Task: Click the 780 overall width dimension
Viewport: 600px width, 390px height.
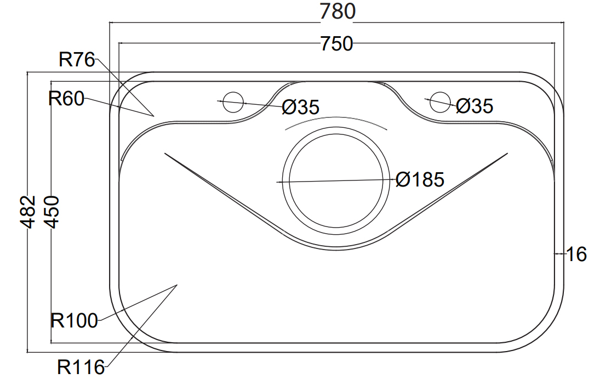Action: (338, 12)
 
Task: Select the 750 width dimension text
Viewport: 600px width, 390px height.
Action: (337, 44)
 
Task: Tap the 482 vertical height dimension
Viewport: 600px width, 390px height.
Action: (28, 212)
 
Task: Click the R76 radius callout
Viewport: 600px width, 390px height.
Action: (77, 60)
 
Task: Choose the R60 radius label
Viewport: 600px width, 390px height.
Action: (66, 99)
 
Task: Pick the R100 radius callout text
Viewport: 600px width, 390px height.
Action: (74, 320)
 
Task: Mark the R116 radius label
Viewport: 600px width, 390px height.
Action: (81, 368)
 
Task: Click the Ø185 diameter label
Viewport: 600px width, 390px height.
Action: (420, 179)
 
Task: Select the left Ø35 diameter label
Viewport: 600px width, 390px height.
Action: (300, 108)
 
